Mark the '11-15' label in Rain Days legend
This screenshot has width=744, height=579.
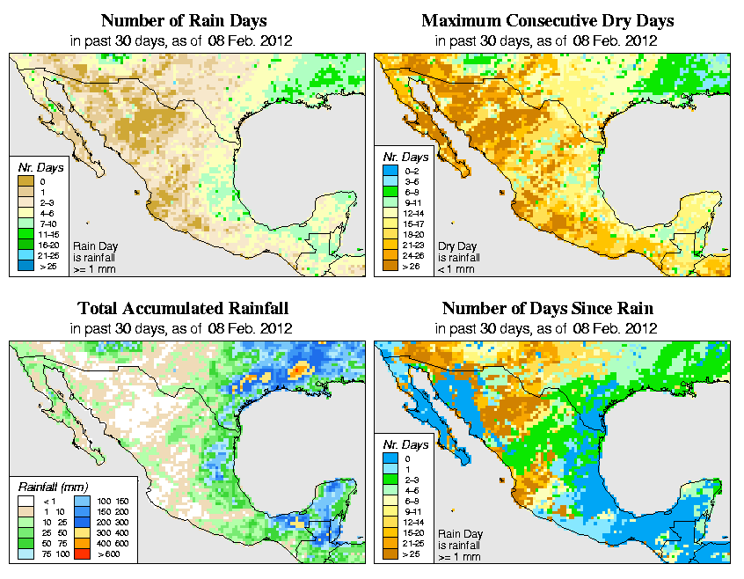[47, 235]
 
